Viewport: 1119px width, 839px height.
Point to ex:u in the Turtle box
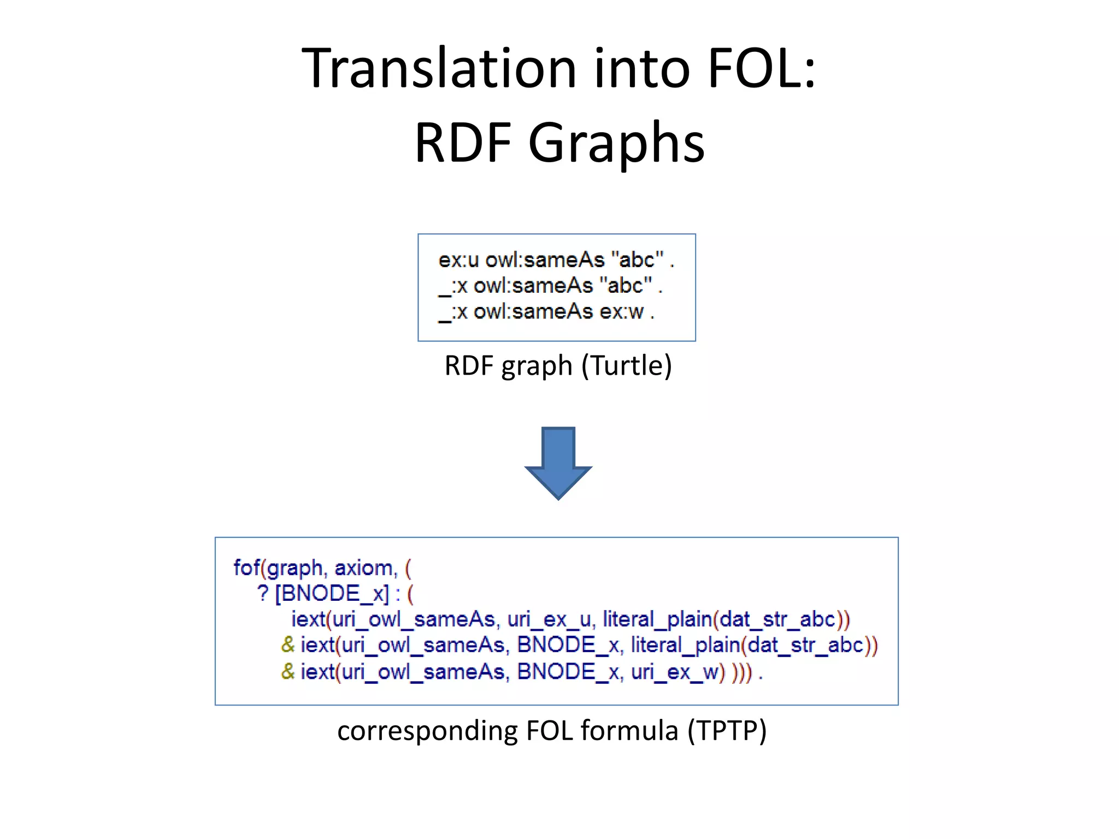pyautogui.click(x=458, y=260)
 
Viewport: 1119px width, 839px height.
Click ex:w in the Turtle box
pyautogui.click(x=622, y=312)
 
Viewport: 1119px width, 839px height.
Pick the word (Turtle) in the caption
pyautogui.click(x=626, y=365)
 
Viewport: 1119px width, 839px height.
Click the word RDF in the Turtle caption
pyautogui.click(x=470, y=365)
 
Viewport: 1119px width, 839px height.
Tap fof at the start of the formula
pyautogui.click(x=246, y=568)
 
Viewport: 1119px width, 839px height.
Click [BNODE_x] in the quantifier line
pyautogui.click(x=332, y=593)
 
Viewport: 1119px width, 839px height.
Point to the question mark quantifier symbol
pyautogui.click(x=263, y=593)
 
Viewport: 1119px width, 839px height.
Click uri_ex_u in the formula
pyautogui.click(x=549, y=619)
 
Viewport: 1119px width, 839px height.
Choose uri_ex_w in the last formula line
pyautogui.click(x=677, y=672)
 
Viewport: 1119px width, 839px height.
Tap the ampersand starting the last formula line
pyautogui.click(x=288, y=672)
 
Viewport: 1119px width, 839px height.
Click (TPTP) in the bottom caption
pyautogui.click(x=727, y=731)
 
